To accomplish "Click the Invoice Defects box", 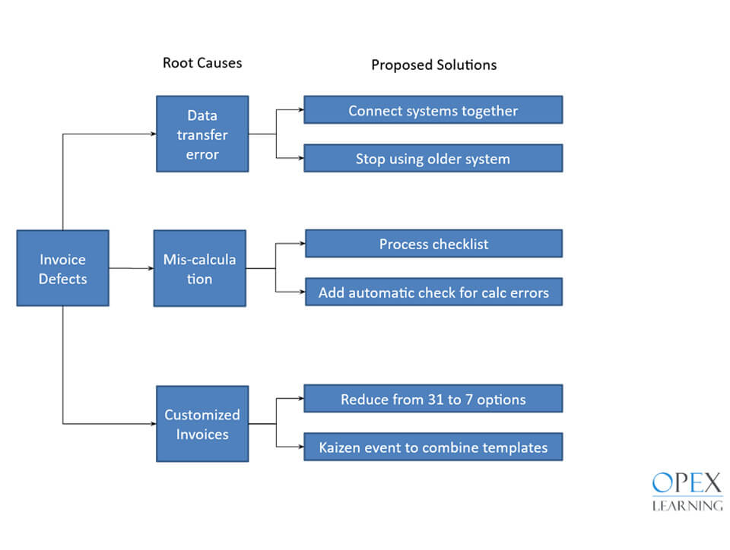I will (x=62, y=268).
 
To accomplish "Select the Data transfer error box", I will (x=202, y=134).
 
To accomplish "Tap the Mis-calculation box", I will (x=200, y=268).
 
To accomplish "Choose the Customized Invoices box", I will (x=202, y=424).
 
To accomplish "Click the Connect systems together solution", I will (x=433, y=110).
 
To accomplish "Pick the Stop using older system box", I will (x=433, y=158).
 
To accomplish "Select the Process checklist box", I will (x=433, y=244).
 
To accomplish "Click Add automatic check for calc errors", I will (x=433, y=292).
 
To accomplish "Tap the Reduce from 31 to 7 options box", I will (x=433, y=399).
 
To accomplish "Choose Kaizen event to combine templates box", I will (x=433, y=447).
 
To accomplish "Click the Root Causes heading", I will (x=202, y=62).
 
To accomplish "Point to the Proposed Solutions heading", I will (x=433, y=65).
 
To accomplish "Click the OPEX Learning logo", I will (x=687, y=492).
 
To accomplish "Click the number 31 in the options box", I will (x=434, y=399).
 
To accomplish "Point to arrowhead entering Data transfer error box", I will (x=152, y=134).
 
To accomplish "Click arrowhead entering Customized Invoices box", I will (x=152, y=423).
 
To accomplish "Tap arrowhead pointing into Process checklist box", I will (x=301, y=244).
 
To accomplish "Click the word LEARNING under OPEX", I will (x=687, y=504).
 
